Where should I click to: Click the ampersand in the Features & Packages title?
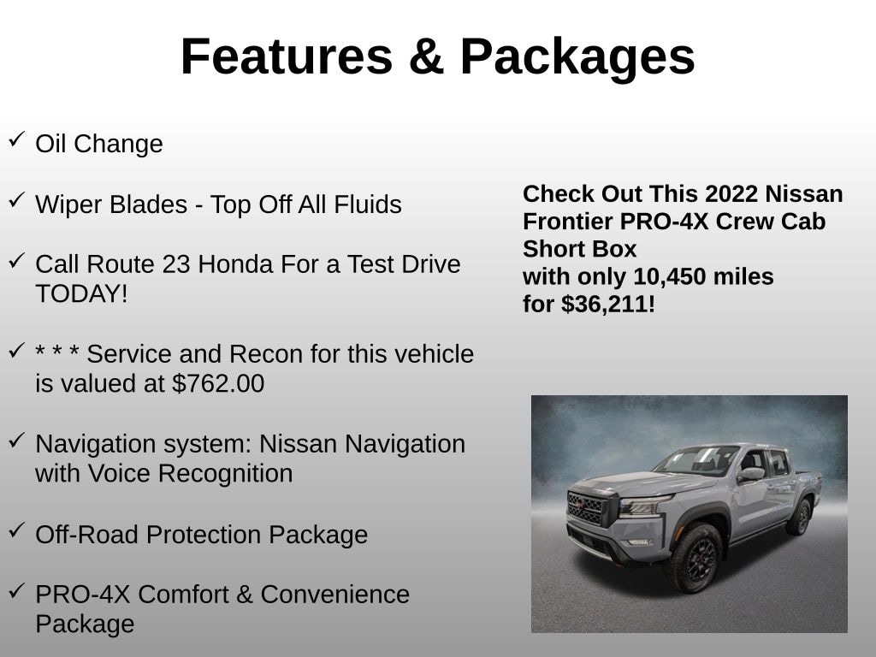point(426,56)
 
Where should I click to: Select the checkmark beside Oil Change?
point(17,139)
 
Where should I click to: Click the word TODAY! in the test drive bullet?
point(81,294)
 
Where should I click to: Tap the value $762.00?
point(218,384)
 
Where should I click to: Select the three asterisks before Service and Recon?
point(57,352)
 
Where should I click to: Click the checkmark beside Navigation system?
point(17,441)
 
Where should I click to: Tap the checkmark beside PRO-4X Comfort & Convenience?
point(17,590)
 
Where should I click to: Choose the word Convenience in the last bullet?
point(335,595)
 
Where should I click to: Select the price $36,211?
point(608,305)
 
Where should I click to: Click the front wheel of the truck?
point(695,559)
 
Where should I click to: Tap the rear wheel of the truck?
point(800,517)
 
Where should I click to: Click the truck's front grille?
point(586,507)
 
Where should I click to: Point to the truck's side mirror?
point(752,474)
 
